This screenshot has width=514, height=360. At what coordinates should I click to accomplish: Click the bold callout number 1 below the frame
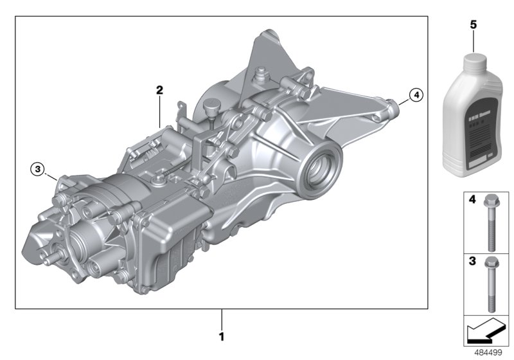click(222, 336)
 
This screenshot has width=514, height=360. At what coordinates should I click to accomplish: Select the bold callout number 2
click(159, 89)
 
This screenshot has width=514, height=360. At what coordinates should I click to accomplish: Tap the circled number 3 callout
click(38, 169)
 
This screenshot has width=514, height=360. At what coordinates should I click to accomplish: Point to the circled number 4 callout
click(416, 95)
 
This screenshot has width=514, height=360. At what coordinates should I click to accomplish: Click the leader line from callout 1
click(222, 318)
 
